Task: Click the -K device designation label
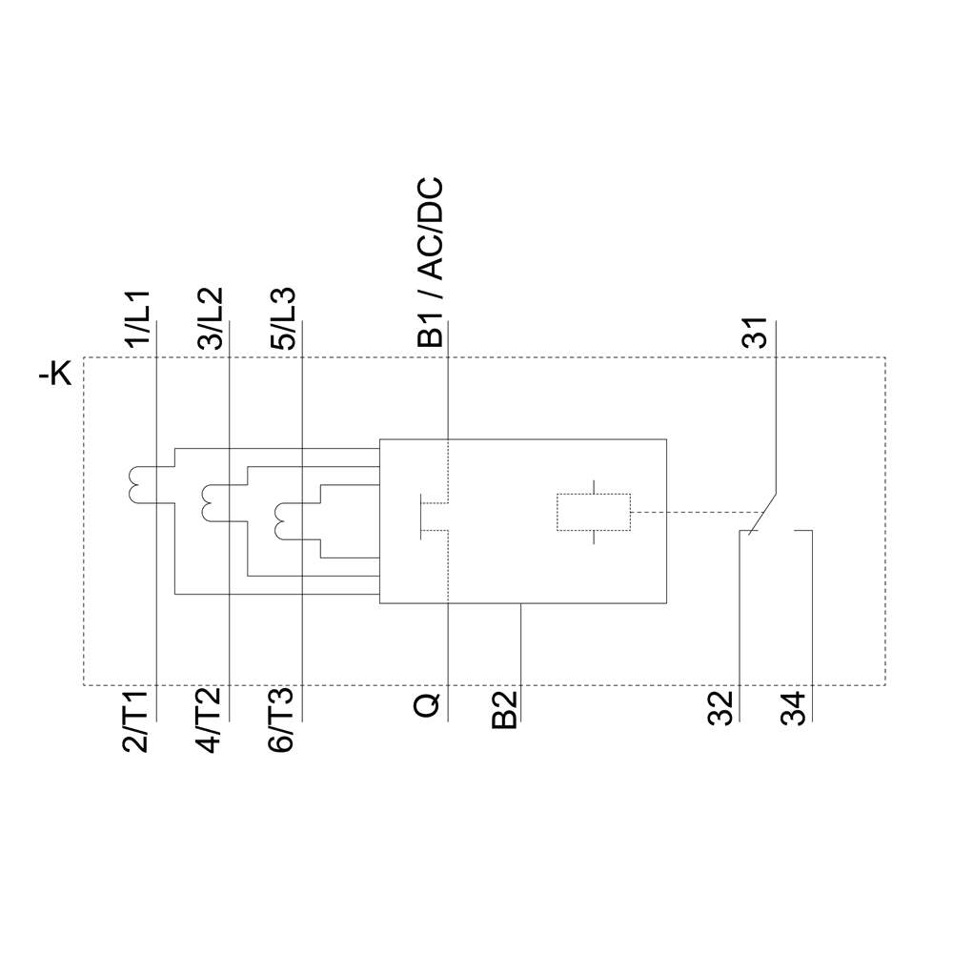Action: [54, 375]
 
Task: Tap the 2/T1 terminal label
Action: [137, 724]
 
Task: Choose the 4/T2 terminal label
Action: [210, 724]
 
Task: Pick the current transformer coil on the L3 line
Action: [281, 518]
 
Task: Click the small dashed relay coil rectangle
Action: [593, 513]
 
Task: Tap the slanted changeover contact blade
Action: [762, 515]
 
